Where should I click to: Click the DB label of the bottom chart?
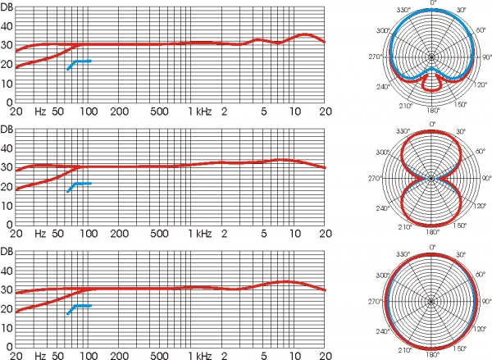7,250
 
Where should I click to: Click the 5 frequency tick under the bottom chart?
264,355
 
